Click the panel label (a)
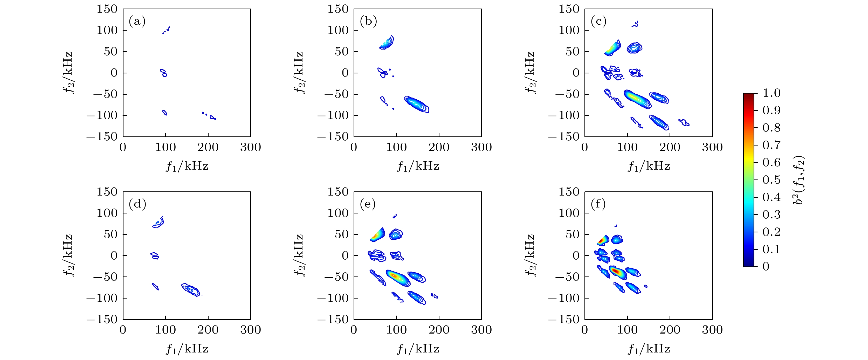pos(137,22)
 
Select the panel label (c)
pos(598,22)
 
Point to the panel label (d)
pos(137,204)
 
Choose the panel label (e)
pos(368,204)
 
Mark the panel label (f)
pos(598,204)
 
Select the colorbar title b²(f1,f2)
pos(798,180)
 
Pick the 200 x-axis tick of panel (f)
pos(670,330)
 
